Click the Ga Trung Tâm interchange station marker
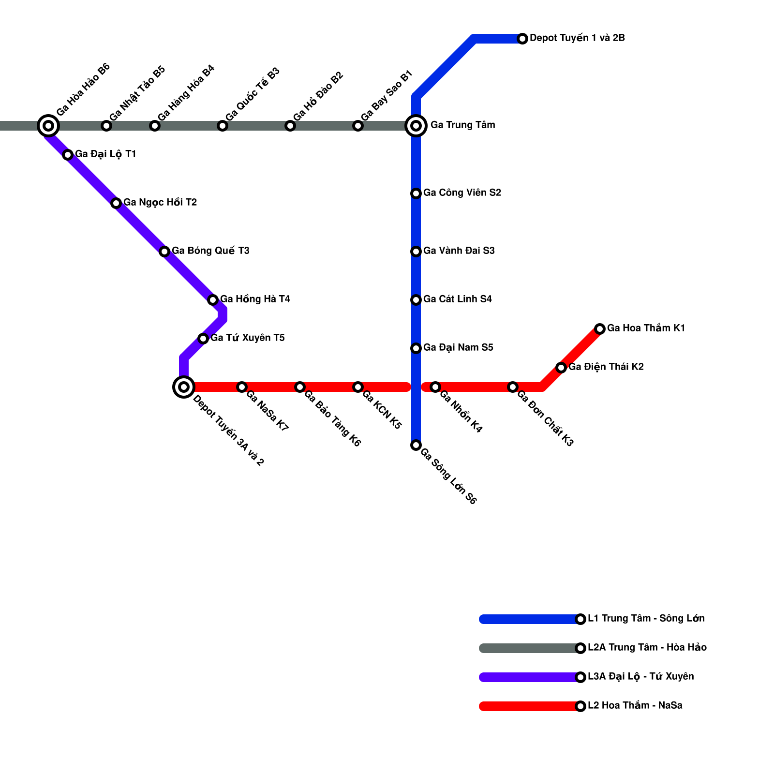[x=416, y=126]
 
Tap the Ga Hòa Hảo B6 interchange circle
[x=48, y=126]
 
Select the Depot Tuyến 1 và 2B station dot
[x=522, y=39]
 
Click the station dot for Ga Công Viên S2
[x=416, y=193]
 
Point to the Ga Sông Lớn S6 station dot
[x=416, y=445]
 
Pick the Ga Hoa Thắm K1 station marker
[x=600, y=329]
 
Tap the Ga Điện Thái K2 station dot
[x=561, y=368]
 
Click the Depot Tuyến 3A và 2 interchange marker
[x=184, y=387]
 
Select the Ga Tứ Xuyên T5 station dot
[x=203, y=339]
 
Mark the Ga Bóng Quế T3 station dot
[x=164, y=252]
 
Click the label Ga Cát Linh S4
[x=457, y=299]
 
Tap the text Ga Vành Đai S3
[x=459, y=251]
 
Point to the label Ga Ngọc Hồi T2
[x=160, y=202]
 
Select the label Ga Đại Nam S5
[x=458, y=347]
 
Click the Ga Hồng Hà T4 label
[x=255, y=299]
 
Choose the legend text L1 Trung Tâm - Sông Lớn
[x=646, y=618]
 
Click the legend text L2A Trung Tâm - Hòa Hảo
[x=647, y=647]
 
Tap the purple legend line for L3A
[x=530, y=677]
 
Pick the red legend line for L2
[x=530, y=706]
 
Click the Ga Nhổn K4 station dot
[x=435, y=387]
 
